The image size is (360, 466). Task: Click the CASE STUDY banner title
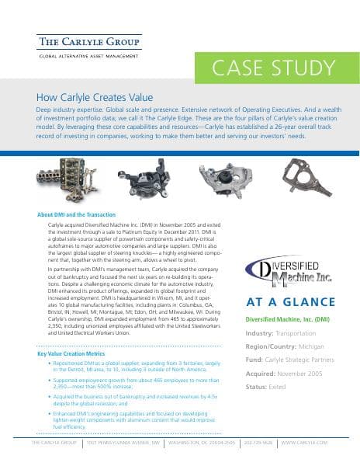tap(268, 68)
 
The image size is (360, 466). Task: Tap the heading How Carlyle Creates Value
tap(95, 99)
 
